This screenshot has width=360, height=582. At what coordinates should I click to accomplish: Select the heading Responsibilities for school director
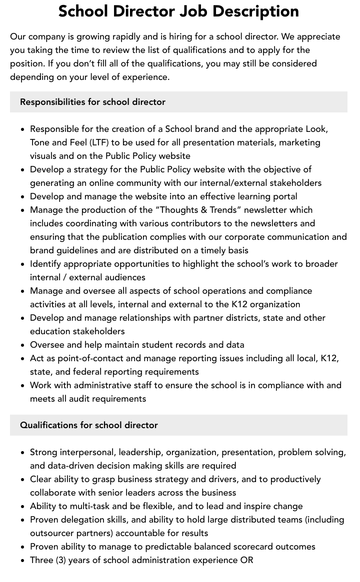pyautogui.click(x=92, y=102)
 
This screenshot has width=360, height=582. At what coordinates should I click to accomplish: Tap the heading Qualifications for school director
pyautogui.click(x=88, y=425)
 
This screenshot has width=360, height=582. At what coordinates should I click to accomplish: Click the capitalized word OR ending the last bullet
pyautogui.click(x=246, y=560)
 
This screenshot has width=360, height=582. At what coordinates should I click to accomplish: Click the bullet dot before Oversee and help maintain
pyautogui.click(x=22, y=345)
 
